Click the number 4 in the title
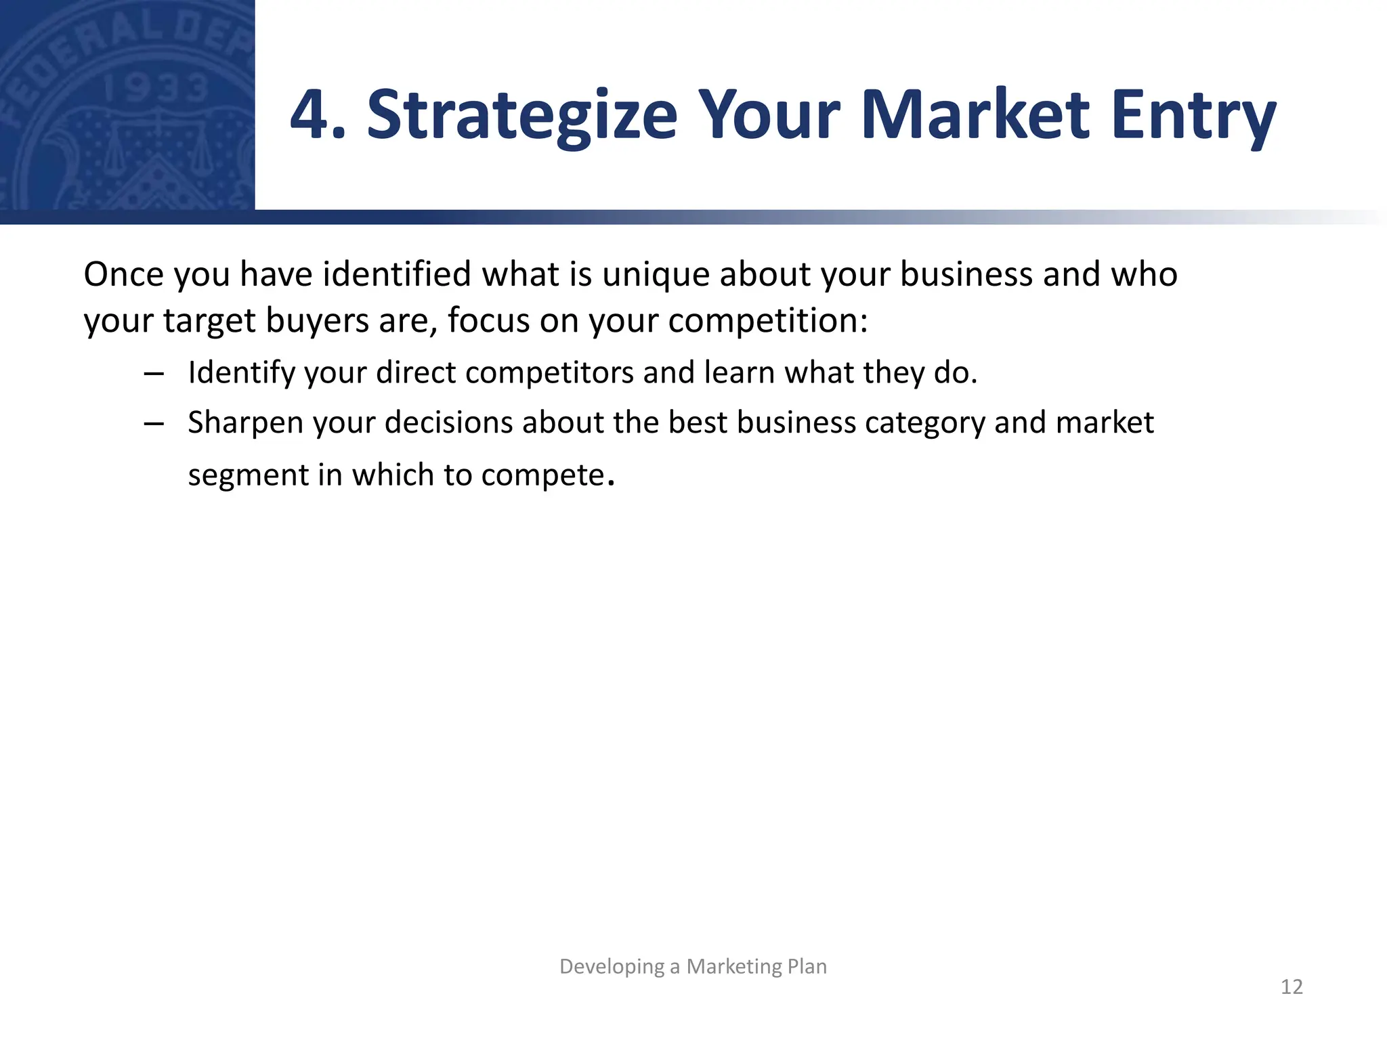309,115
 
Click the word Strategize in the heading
521,116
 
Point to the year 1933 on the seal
155,89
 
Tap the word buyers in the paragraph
316,321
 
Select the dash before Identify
154,374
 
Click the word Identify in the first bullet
241,374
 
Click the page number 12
1292,987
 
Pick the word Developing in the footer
612,967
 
